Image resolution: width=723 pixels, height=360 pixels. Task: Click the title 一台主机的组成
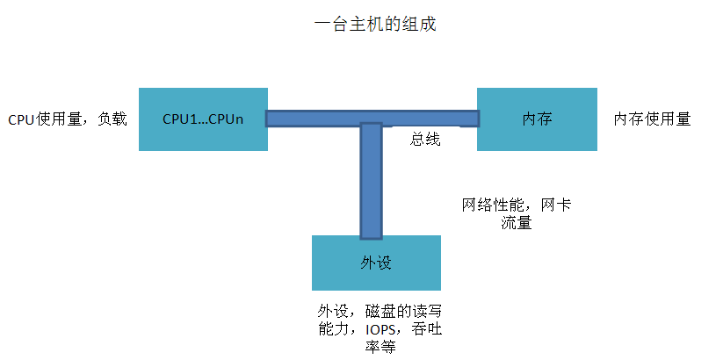[x=374, y=25]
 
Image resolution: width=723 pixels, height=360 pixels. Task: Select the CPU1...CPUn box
[x=203, y=119]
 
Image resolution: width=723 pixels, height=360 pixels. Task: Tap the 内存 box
[x=537, y=119]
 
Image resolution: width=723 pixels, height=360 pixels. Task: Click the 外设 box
[x=375, y=263]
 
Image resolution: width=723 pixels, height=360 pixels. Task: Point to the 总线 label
[x=425, y=140]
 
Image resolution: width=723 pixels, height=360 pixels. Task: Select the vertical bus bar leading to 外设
[x=371, y=184]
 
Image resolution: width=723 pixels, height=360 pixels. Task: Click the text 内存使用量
[x=652, y=119]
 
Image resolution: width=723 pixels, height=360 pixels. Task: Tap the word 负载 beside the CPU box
[x=112, y=119]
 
